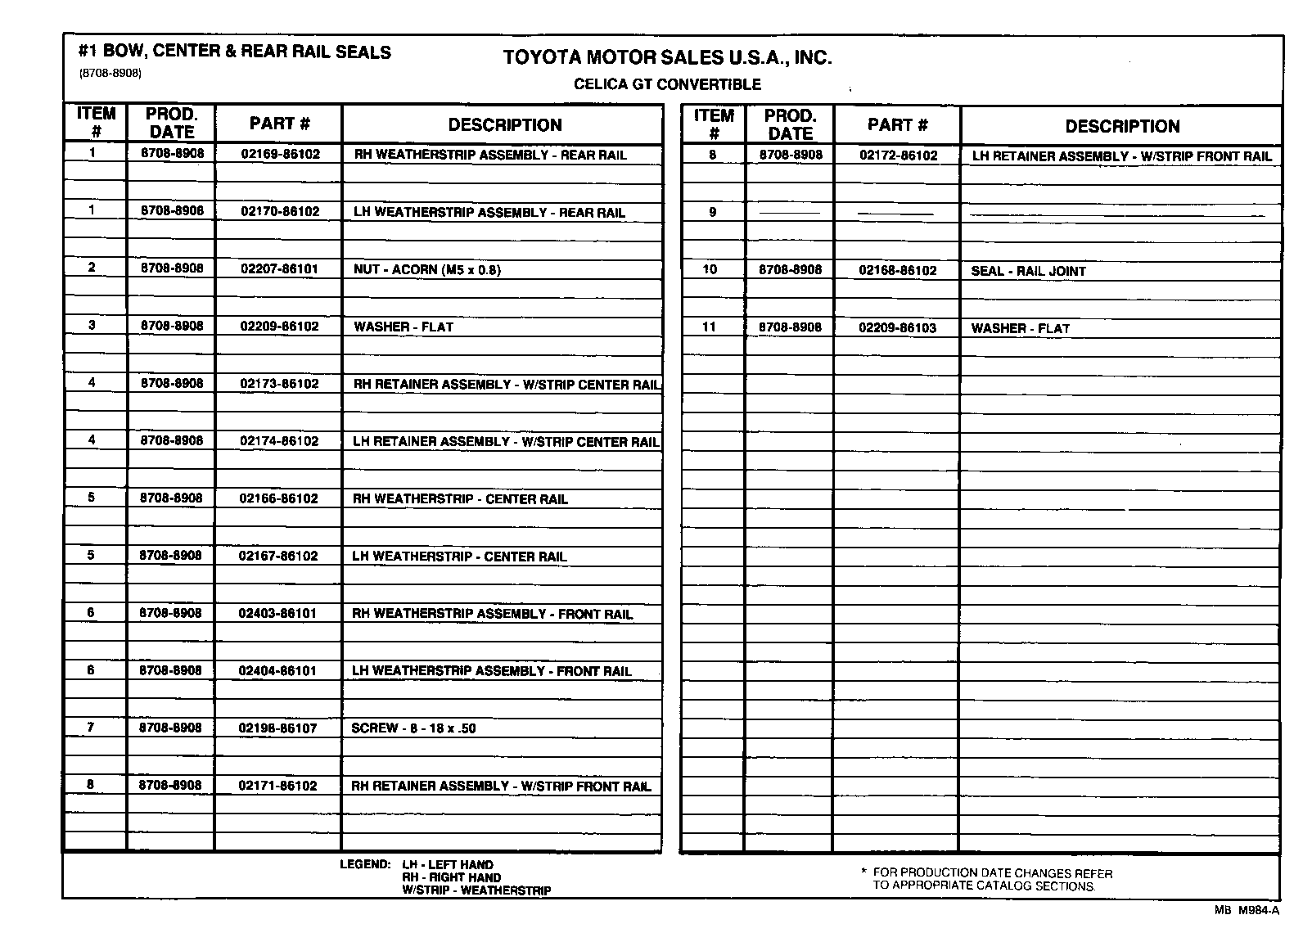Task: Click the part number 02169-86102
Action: [280, 154]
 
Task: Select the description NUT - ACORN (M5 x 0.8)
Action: [426, 269]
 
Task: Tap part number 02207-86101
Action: [279, 268]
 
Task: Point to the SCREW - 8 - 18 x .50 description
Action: [413, 728]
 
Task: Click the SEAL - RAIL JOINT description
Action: [1028, 271]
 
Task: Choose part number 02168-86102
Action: [898, 270]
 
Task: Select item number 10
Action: [710, 269]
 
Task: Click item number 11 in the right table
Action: [709, 327]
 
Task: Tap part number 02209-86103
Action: [897, 327]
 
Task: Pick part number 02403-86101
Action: [277, 613]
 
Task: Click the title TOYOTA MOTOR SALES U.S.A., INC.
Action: [667, 57]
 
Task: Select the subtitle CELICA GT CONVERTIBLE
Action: [667, 84]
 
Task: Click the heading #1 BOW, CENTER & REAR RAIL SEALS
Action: [235, 52]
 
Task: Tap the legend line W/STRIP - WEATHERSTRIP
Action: [476, 890]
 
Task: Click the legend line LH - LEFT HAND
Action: [448, 864]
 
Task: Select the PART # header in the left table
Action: [279, 124]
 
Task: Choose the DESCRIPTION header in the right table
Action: [1122, 126]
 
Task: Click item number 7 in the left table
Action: [91, 727]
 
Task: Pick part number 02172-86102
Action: [898, 155]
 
